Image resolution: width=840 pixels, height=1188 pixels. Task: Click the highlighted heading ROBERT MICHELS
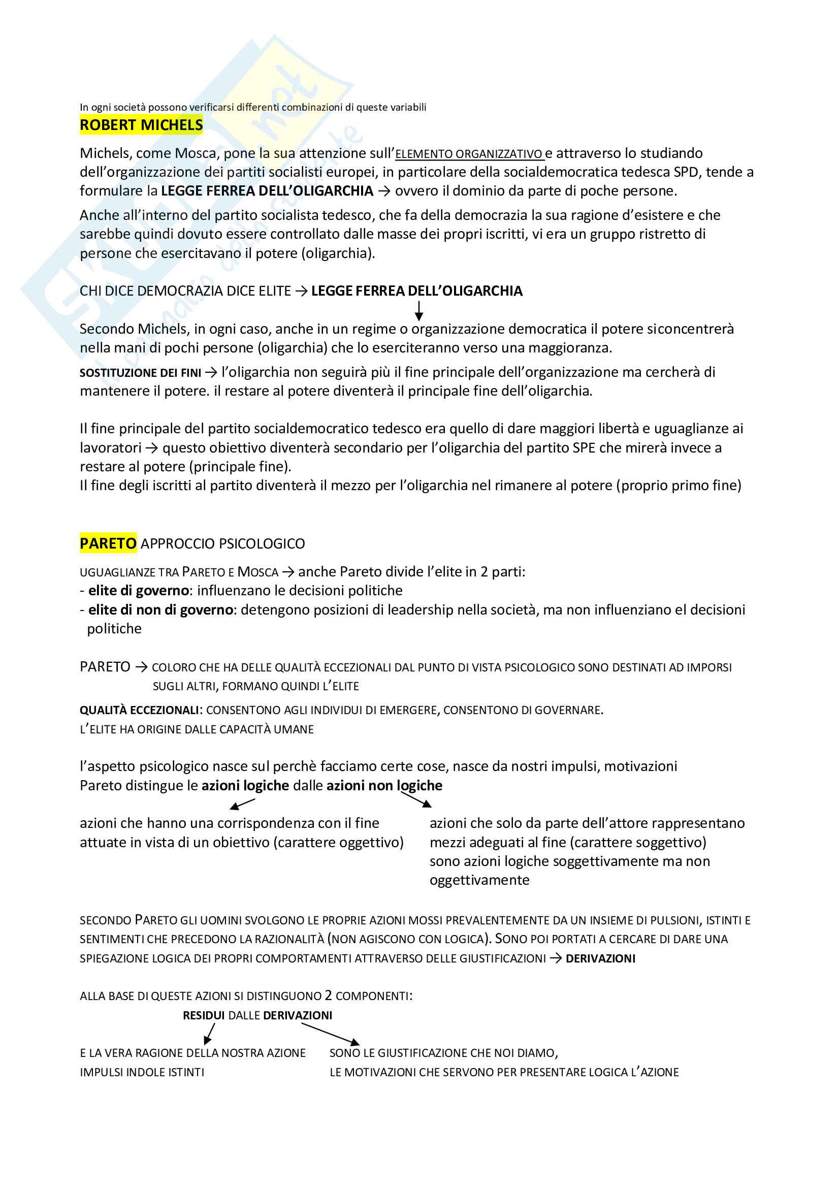click(x=141, y=125)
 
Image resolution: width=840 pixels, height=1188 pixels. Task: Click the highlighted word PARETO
click(x=108, y=543)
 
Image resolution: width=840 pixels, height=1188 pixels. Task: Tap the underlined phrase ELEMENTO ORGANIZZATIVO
click(x=469, y=154)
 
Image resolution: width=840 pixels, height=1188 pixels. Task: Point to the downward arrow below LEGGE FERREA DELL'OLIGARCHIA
click(x=419, y=310)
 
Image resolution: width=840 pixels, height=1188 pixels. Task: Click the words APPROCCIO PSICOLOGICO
click(x=223, y=544)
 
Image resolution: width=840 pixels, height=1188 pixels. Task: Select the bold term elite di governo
click(x=138, y=591)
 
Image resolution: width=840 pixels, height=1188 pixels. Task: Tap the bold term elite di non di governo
click(x=160, y=610)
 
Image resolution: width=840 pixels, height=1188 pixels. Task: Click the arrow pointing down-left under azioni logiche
click(x=242, y=804)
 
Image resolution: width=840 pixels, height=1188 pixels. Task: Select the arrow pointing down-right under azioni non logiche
click(x=416, y=800)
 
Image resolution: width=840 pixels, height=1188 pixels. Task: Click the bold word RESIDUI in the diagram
click(x=203, y=1015)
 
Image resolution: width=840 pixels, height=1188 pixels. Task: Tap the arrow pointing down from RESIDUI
click(x=209, y=1033)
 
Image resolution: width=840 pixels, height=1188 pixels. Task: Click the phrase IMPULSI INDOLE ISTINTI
click(x=142, y=1072)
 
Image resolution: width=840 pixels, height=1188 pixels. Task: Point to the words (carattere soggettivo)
click(x=638, y=842)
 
